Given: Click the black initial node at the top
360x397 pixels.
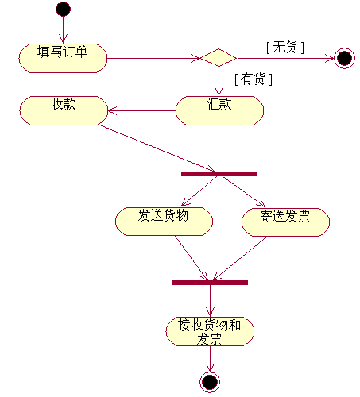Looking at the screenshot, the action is click(63, 10).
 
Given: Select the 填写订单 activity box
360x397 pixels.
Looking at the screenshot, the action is click(63, 58).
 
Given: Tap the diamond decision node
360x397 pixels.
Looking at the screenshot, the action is click(219, 58).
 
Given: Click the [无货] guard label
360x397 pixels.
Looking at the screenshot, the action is click(285, 48).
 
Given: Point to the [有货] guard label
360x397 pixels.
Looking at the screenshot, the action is click(254, 79).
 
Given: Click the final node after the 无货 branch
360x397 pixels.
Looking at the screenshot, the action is click(344, 58).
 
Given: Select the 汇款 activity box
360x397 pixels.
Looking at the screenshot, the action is click(219, 110).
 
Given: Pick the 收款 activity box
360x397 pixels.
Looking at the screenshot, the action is click(64, 110).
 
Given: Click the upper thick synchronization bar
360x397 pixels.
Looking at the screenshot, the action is click(219, 174).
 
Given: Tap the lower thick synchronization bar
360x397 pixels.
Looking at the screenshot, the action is click(210, 283).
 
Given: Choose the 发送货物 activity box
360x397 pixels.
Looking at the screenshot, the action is click(164, 222).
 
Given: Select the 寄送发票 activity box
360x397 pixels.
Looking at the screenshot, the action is click(285, 222).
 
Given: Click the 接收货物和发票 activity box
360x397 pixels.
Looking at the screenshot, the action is click(210, 331).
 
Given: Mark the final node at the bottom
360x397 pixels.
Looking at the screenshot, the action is click(210, 382).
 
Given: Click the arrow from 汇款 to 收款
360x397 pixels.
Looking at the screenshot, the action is click(141, 110).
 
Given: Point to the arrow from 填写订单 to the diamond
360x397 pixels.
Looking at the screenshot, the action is click(153, 58).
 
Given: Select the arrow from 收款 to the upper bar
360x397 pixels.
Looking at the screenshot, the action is click(157, 148).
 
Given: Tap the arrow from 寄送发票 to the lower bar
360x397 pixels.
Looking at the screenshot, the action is click(240, 258).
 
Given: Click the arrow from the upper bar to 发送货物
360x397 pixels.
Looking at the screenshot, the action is click(199, 191).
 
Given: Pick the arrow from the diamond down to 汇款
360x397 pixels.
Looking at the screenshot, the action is click(219, 81).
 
